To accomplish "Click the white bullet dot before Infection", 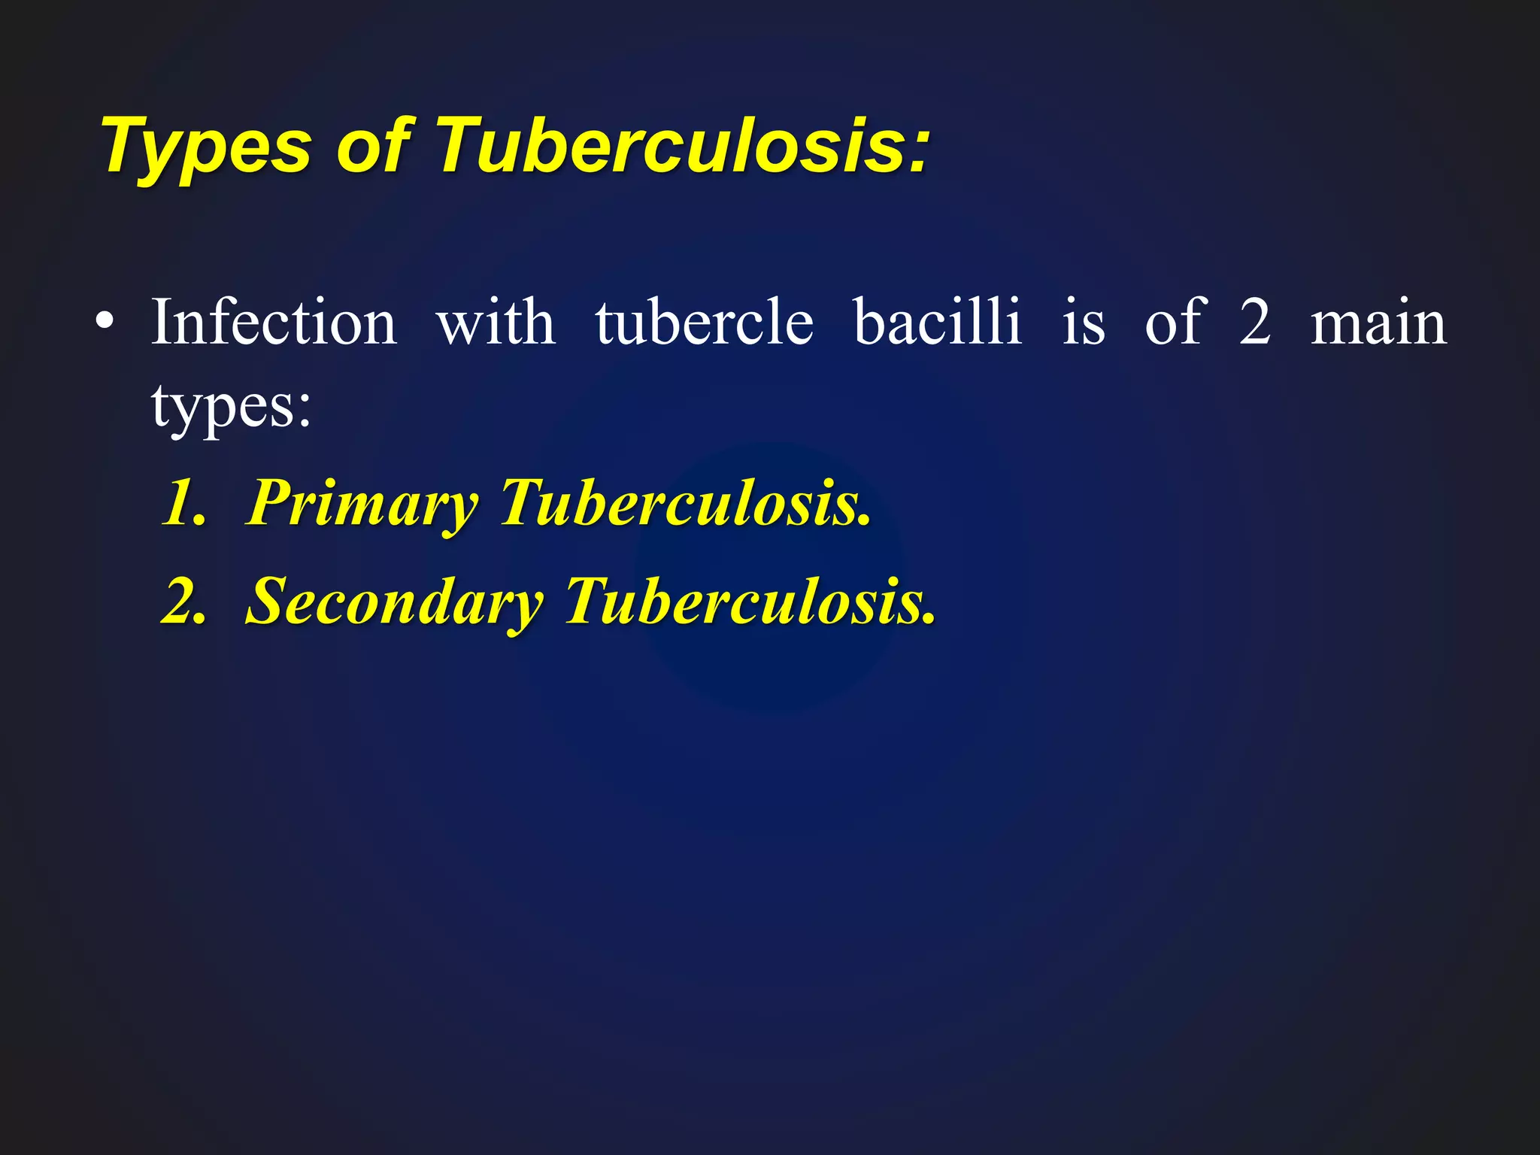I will coord(105,323).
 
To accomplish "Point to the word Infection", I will coord(274,322).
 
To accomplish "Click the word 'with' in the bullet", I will coord(496,322).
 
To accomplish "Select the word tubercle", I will coord(705,322).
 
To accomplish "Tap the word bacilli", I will coord(938,322).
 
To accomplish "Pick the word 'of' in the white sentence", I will coord(1175,322).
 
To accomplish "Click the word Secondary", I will coord(395,602).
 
